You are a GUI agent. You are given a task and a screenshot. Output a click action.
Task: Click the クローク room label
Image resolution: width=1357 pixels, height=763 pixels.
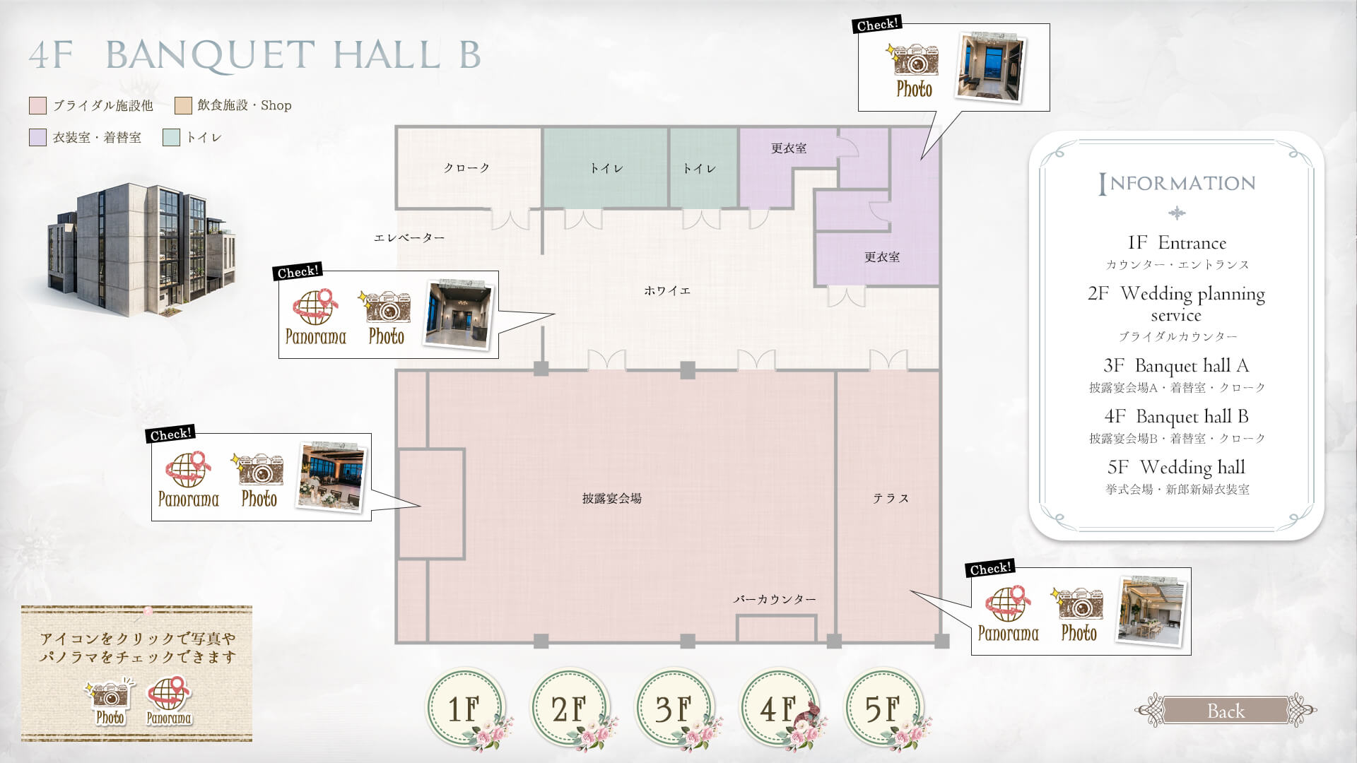tap(466, 168)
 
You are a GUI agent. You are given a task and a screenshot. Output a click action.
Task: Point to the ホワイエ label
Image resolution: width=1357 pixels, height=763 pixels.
tap(667, 290)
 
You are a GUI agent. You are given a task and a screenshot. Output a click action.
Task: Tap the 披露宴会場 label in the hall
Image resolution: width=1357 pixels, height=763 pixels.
tap(612, 498)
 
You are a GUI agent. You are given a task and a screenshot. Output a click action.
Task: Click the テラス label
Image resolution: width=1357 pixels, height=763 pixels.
tap(891, 498)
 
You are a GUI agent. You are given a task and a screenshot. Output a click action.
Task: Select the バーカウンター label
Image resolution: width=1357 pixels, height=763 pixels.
tap(775, 599)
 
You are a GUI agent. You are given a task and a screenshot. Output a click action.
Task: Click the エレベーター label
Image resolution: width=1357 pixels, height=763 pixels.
tap(409, 238)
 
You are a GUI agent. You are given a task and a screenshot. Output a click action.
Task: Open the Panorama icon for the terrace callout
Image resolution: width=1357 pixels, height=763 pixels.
tap(1008, 613)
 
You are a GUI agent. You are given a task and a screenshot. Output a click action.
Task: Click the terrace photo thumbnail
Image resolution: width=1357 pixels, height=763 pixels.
tap(1150, 611)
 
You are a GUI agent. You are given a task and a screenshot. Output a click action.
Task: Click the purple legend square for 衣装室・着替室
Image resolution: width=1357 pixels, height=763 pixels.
tap(37, 138)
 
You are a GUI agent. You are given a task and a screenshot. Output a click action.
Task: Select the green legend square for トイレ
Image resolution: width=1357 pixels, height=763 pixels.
tap(171, 138)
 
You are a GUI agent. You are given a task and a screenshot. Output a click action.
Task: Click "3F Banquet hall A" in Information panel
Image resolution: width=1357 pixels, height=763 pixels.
tap(1176, 365)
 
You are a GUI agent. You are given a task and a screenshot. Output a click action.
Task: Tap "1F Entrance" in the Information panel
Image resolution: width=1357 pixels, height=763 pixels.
tap(1177, 242)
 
